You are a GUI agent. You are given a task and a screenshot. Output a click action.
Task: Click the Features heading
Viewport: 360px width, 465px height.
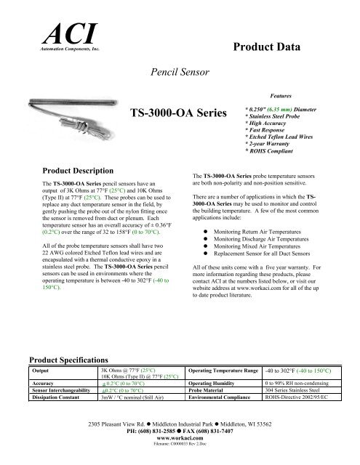click(281, 94)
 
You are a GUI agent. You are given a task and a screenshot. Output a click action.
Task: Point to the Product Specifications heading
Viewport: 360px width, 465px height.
click(68, 359)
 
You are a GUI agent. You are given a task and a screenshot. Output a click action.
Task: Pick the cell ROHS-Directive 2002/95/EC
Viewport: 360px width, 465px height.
click(305, 398)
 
